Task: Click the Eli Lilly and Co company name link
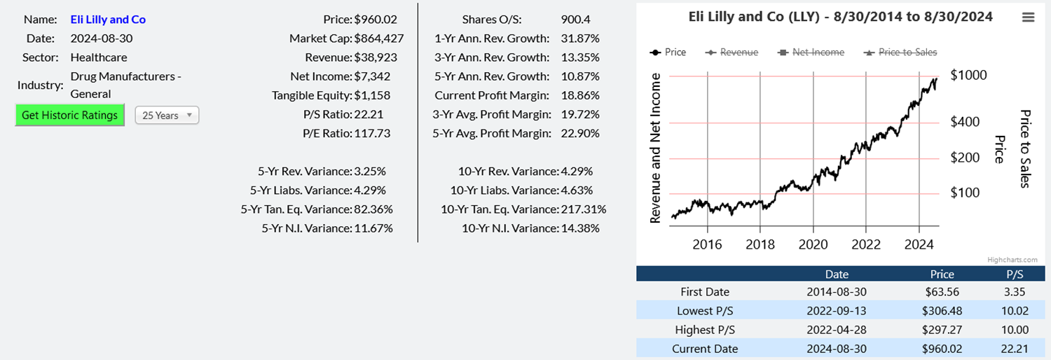coord(108,20)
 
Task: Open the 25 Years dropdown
coord(167,116)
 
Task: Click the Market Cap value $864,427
coord(379,39)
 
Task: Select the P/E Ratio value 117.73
coord(372,133)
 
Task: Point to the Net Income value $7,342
coord(372,76)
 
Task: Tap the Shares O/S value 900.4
coord(576,20)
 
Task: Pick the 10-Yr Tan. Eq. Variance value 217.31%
coord(584,209)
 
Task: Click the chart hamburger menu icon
coord(1028,18)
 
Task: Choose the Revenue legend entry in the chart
coord(732,52)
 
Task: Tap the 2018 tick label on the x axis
coord(760,244)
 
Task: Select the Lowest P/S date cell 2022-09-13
coord(837,310)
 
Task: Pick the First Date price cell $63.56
coord(942,291)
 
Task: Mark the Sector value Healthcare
coord(99,57)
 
